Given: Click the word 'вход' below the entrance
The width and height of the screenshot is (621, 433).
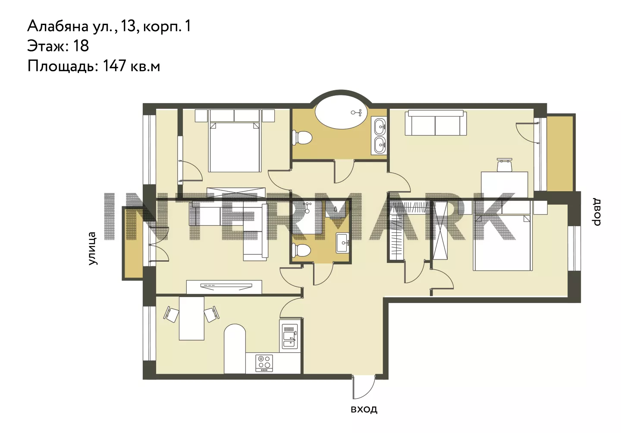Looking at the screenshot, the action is (364, 409).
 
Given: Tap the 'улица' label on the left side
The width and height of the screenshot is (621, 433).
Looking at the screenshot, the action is (92, 248).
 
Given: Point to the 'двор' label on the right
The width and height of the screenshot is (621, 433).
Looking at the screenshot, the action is (596, 212).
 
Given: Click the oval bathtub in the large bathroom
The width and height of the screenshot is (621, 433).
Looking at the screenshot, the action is (341, 112).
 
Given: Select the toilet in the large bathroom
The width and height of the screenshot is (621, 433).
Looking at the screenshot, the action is (302, 138).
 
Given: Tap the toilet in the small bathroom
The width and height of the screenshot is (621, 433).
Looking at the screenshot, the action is (301, 250).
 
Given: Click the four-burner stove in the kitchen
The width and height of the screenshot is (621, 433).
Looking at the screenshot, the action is (264, 363).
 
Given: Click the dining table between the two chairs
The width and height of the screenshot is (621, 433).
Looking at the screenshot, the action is (191, 318).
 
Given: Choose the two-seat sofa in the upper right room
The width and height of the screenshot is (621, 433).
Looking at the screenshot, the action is (436, 123).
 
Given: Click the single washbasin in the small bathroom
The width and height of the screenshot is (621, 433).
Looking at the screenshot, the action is (343, 243).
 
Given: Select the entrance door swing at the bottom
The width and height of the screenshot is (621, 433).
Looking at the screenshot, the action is (364, 387).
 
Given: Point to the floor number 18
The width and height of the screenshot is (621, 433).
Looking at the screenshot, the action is (81, 46).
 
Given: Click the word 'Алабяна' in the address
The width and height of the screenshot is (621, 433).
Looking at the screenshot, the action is (58, 26).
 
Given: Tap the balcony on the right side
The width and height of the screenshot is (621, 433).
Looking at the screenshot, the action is (560, 154).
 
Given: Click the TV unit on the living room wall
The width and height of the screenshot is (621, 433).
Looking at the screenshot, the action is (224, 287).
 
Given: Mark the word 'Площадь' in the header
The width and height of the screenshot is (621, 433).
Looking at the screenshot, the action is (63, 66).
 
